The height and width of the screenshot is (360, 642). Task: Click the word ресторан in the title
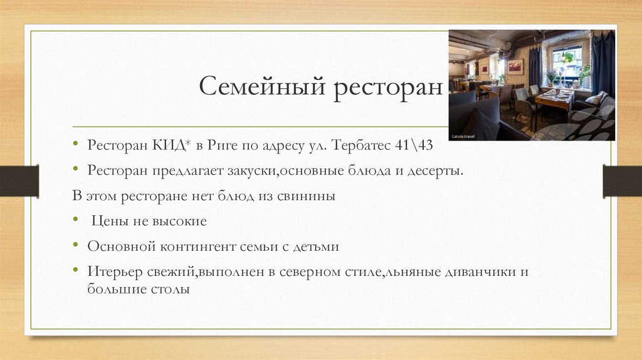387,86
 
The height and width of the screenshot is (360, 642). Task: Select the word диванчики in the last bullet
482,272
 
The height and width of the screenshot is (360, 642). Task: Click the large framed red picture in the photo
515,66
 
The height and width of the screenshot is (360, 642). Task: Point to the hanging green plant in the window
568,57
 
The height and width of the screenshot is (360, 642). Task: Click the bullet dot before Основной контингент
75,246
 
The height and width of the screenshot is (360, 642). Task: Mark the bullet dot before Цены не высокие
75,221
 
